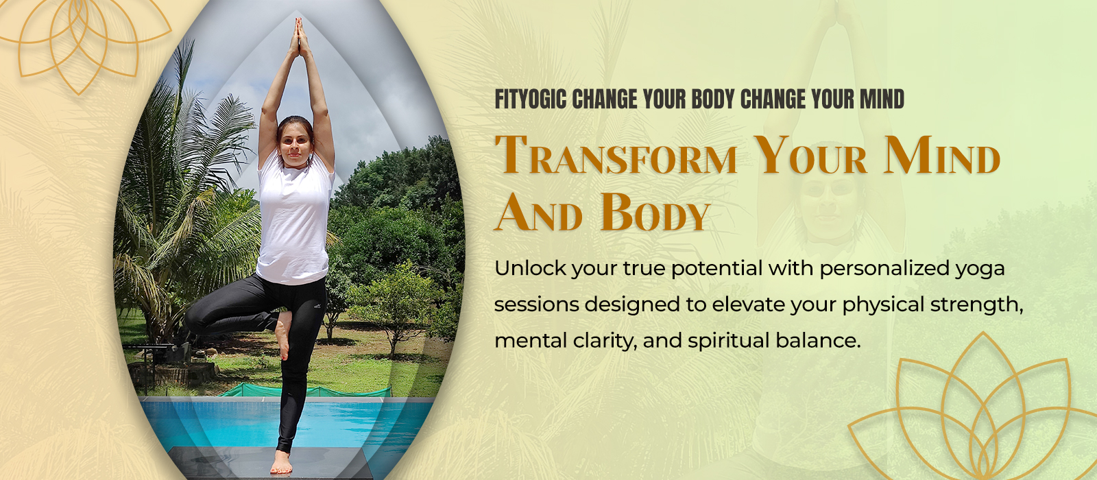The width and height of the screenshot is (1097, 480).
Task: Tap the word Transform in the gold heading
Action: click(616, 155)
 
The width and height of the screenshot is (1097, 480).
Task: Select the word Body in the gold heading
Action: click(655, 212)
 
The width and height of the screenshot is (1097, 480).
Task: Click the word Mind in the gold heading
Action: click(942, 155)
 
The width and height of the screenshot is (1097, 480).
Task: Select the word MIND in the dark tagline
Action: click(882, 99)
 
